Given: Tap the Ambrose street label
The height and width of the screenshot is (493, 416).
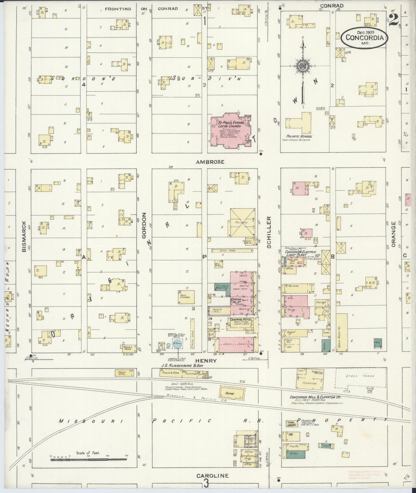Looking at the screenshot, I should coord(210,162).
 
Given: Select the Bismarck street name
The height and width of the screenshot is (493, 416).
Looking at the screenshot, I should coord(24,236).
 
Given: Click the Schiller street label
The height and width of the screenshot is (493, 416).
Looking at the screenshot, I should coord(269,232).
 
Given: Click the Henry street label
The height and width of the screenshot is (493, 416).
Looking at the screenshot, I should coord(206,360).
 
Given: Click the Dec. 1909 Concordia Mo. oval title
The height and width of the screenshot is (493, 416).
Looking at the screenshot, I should coord(364,37).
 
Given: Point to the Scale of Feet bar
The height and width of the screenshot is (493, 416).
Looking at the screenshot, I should coord(88,460).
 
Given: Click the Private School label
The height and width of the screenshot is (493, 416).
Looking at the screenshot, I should coord(299,136).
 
